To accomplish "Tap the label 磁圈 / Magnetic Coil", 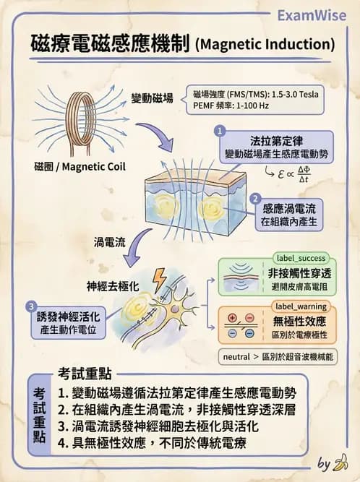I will pyautogui.click(x=80, y=167).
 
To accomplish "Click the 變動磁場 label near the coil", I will pyautogui.click(x=151, y=98).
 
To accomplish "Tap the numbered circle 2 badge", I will pyautogui.click(x=254, y=197).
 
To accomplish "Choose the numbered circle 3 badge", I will pyautogui.click(x=30, y=307).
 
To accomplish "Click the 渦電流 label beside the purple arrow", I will pyautogui.click(x=110, y=240).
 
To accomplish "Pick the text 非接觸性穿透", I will pyautogui.click(x=298, y=273).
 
